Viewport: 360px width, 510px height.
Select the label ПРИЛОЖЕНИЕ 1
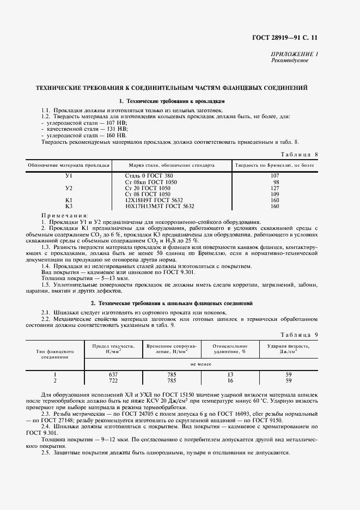(295, 54)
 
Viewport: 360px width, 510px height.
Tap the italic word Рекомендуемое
(290, 60)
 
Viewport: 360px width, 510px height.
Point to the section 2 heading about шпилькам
(171, 302)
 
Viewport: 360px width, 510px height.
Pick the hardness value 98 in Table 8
(276, 182)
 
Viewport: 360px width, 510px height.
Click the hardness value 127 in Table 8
(275, 188)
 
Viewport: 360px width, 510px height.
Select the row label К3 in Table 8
(69, 206)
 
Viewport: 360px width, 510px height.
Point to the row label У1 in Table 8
(69, 176)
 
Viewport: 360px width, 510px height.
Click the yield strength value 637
(113, 374)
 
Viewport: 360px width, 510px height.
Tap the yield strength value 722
(113, 380)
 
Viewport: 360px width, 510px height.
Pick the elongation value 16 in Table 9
(230, 380)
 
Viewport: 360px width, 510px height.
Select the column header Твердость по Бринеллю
(274, 165)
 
